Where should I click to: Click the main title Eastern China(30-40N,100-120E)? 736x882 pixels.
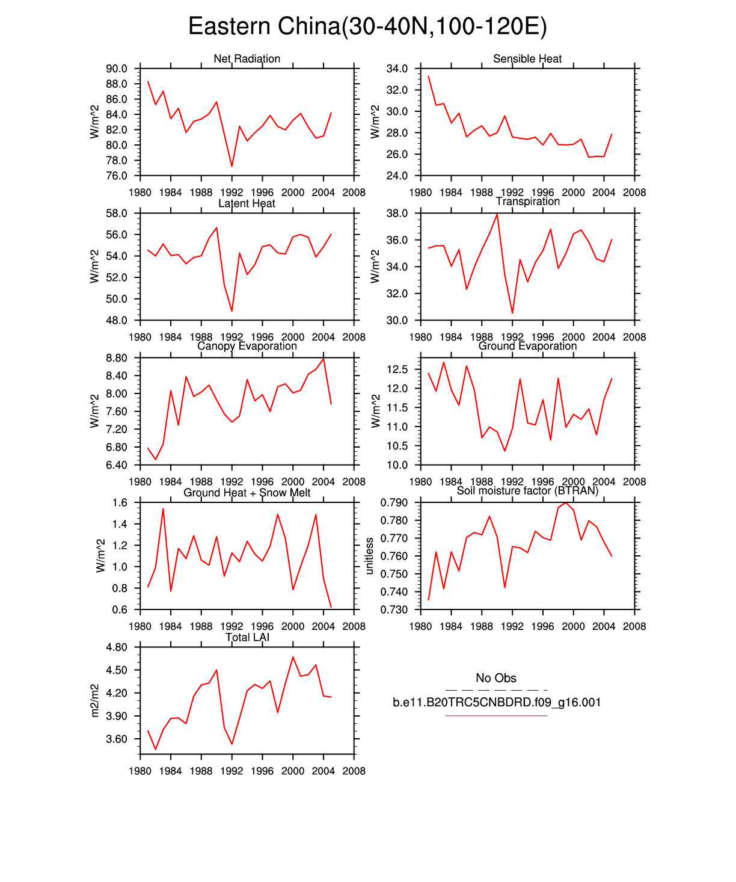click(367, 26)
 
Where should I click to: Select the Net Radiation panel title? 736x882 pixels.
click(247, 58)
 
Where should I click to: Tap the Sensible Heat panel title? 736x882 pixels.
click(527, 58)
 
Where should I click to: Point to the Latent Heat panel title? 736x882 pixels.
click(247, 203)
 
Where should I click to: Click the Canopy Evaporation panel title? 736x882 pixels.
click(247, 346)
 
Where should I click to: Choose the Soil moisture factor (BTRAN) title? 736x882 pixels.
click(527, 491)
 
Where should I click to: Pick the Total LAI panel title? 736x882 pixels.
click(247, 637)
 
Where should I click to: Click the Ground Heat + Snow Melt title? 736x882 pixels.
click(247, 493)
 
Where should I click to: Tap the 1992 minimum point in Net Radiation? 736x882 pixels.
click(232, 166)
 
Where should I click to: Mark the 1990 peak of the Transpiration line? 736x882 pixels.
click(497, 214)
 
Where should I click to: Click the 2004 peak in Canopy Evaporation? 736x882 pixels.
click(324, 359)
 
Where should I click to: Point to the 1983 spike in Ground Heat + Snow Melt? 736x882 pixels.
click(163, 509)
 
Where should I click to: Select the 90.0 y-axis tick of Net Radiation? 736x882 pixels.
click(117, 69)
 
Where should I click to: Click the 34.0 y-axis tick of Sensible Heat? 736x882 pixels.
click(397, 69)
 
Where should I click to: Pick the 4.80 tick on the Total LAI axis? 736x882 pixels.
click(117, 647)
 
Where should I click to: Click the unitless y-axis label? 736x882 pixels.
click(370, 556)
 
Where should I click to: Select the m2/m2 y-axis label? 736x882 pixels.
click(95, 700)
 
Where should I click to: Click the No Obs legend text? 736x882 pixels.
click(496, 678)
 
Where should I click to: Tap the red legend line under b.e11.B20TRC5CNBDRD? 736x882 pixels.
click(496, 715)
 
